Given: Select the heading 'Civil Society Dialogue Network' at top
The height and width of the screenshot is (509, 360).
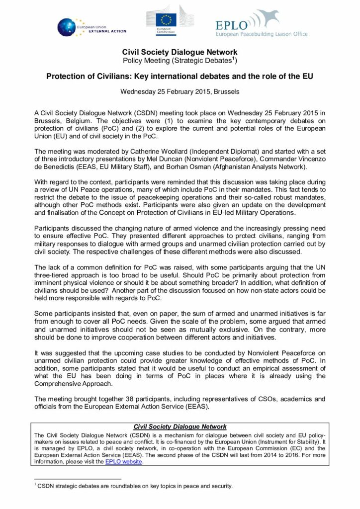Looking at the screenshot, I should pyautogui.click(x=180, y=52).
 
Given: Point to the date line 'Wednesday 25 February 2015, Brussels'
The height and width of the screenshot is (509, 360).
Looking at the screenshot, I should pyautogui.click(x=180, y=91).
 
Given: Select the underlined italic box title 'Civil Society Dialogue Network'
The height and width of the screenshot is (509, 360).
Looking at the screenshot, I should pyautogui.click(x=180, y=426).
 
